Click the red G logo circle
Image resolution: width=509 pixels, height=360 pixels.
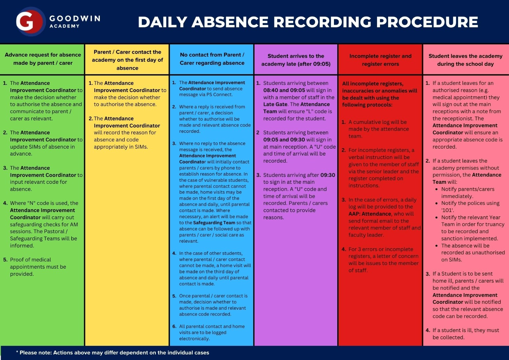pos(30,22)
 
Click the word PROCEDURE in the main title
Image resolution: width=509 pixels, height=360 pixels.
pos(427,22)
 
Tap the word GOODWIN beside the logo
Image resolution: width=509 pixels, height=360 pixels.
pos(75,18)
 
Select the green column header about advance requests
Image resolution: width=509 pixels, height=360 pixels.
pos(43,59)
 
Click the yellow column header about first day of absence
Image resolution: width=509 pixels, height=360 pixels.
pos(127,60)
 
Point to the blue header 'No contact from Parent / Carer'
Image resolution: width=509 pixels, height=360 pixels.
pos(212,59)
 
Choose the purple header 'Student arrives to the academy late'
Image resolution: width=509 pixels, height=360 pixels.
pos(296,60)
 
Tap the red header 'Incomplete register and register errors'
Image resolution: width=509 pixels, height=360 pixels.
pos(380,60)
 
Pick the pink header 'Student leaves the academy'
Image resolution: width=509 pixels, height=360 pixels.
pos(465,60)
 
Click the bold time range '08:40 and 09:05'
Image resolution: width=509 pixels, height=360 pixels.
pos(284,90)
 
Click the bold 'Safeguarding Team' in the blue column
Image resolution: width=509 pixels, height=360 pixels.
pos(214,223)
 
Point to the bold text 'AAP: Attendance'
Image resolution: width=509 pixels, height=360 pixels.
pos(370,214)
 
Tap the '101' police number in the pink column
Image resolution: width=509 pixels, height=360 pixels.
pos(448,210)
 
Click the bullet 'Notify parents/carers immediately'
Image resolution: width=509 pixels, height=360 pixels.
pos(468,193)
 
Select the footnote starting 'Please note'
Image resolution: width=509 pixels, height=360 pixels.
pos(113,352)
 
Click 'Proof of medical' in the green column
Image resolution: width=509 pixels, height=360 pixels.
pos(31,259)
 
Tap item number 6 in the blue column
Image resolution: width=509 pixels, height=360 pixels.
pos(174,326)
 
